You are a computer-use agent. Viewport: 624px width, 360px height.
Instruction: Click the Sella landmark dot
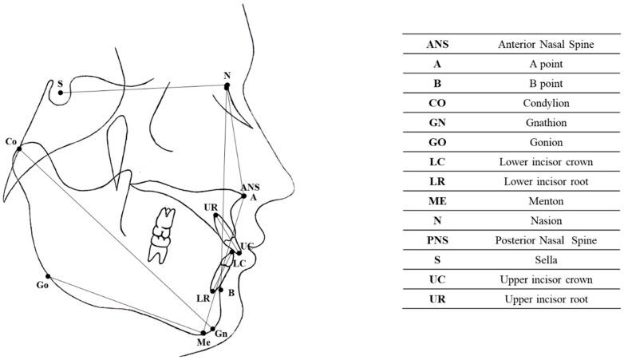click(61, 93)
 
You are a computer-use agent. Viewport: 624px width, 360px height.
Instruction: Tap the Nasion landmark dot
click(227, 86)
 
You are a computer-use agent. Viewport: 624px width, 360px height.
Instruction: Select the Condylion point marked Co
click(18, 148)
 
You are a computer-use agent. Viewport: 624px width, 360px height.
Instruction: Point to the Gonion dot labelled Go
click(49, 276)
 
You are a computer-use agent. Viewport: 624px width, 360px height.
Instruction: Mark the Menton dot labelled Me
click(203, 332)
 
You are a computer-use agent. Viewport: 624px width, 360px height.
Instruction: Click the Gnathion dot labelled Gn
click(212, 328)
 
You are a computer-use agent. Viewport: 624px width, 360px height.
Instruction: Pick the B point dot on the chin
click(221, 290)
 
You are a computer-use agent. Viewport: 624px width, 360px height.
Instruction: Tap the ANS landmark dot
click(243, 195)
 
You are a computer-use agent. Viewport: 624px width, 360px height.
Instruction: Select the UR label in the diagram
click(211, 207)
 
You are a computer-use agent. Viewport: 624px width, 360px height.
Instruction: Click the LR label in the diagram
click(203, 297)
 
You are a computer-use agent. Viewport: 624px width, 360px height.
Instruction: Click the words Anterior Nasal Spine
click(547, 45)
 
